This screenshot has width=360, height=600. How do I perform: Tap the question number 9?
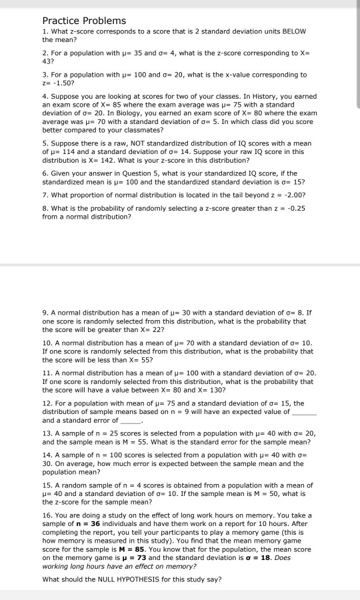tap(45, 311)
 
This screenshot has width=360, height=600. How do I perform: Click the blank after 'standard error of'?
tap(131, 421)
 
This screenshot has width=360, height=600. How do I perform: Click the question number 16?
tap(47, 515)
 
